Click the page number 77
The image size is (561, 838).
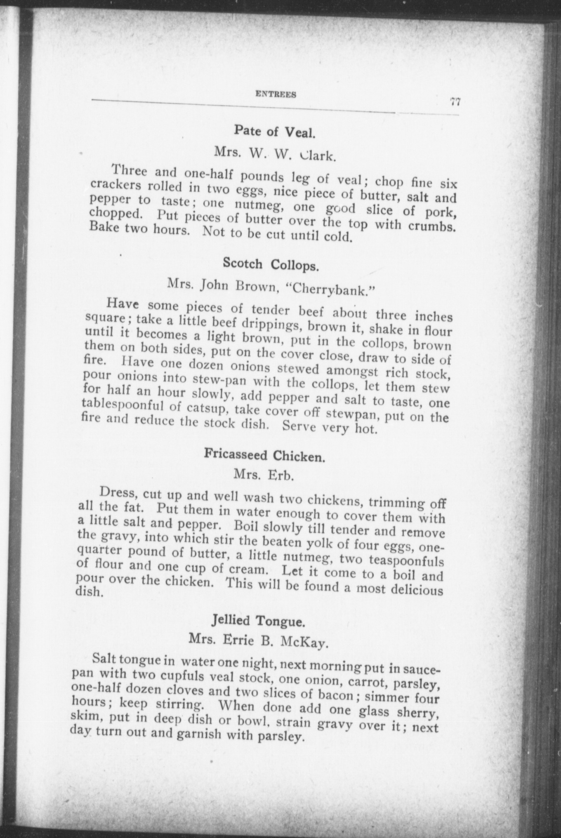point(455,102)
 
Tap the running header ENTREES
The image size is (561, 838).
point(276,94)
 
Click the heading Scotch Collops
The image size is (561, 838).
point(271,264)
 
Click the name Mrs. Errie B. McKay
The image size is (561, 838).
point(258,641)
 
